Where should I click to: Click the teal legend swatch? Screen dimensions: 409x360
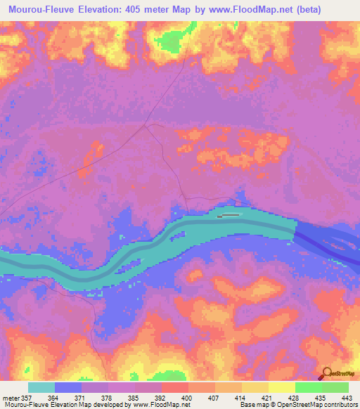tap(41, 387)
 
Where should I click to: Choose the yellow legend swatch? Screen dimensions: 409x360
tap(281, 387)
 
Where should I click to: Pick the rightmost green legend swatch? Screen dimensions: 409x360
tap(335, 387)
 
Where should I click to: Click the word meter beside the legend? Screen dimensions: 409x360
tap(10, 397)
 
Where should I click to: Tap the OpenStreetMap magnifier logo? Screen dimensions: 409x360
tap(326, 373)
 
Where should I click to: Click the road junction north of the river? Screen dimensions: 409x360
tap(146, 127)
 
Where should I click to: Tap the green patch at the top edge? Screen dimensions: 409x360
tap(169, 42)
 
